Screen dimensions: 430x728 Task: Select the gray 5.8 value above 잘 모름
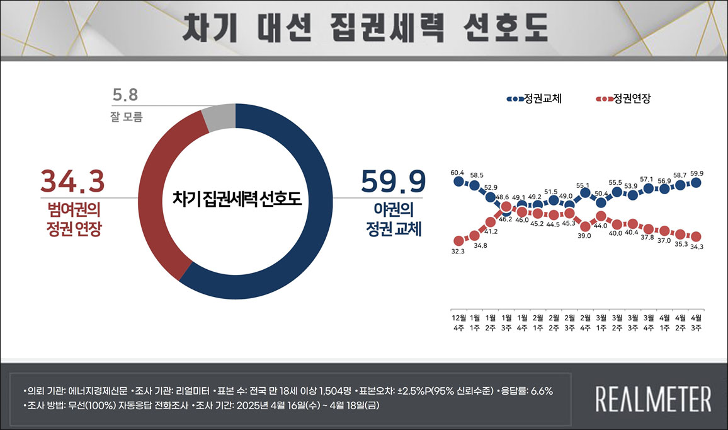point(125,96)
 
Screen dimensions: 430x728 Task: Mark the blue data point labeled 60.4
point(458,182)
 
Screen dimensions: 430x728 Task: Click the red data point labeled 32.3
point(458,240)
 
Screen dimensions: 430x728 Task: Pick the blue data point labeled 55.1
point(586,193)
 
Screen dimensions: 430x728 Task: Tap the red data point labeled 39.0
point(586,226)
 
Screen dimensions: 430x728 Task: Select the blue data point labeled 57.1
point(649,188)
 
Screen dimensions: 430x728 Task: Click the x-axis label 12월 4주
point(458,322)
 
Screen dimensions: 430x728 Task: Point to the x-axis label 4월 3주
point(696,322)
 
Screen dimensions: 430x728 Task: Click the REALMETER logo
point(653,398)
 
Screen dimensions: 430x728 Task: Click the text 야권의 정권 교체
point(394,218)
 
